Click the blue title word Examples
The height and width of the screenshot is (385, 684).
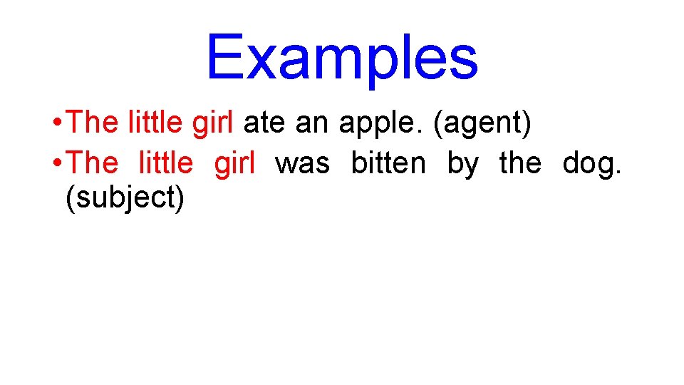point(342,57)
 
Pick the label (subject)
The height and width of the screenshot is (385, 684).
point(125,198)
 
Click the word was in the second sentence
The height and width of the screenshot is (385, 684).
point(302,164)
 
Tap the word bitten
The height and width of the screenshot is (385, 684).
point(388,163)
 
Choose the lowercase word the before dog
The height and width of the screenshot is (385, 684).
point(520,163)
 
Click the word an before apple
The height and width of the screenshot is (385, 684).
point(311,123)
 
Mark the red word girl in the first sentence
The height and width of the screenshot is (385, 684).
point(212,123)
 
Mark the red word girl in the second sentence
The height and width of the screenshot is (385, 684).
point(234,164)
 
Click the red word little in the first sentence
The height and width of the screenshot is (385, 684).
point(156,123)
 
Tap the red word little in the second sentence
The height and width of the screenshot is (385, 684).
point(165,163)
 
